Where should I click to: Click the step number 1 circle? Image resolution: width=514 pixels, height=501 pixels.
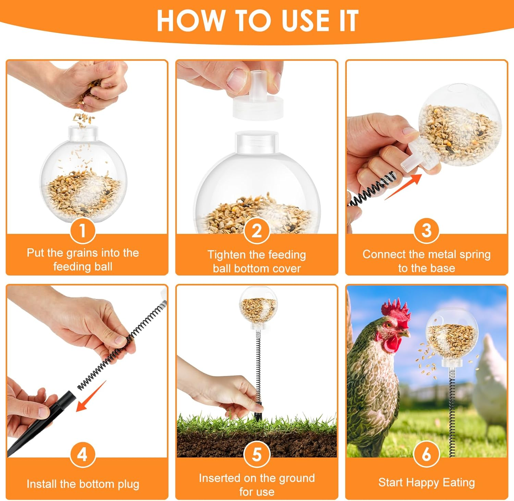(82, 230)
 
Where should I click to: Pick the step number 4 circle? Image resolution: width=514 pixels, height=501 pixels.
(82, 454)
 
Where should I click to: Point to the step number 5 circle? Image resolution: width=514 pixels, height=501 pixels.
(257, 454)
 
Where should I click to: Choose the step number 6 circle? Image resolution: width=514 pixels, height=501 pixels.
(426, 454)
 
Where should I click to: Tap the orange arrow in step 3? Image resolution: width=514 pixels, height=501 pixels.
(404, 187)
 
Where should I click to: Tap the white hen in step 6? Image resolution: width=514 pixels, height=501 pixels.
(490, 377)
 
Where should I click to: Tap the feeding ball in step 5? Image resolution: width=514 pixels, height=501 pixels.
(258, 305)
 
